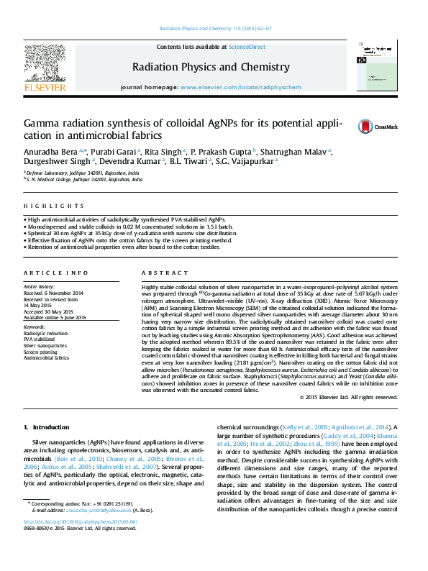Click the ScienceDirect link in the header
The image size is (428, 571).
coord(247,47)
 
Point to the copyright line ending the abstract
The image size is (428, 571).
coord(348,396)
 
